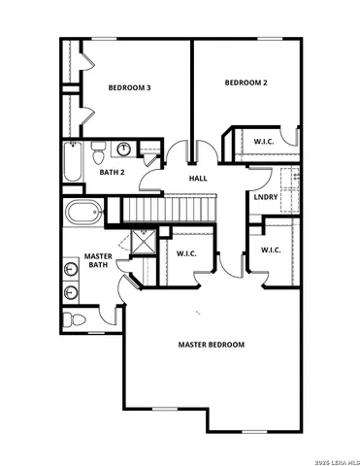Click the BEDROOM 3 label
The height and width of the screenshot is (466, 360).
click(128, 87)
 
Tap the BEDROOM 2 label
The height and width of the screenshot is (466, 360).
click(245, 83)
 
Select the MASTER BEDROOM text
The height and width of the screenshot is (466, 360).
click(211, 345)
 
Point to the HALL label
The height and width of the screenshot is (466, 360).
click(197, 178)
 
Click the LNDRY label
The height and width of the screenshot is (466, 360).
click(266, 197)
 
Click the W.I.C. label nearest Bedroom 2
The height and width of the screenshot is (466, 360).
click(263, 142)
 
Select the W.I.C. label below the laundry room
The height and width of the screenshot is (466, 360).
click(270, 250)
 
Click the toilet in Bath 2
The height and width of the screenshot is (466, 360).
click(98, 152)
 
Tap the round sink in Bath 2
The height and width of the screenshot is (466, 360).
click(124, 150)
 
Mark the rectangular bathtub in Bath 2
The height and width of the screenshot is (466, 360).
click(70, 161)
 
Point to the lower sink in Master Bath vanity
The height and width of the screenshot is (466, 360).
click(72, 292)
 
